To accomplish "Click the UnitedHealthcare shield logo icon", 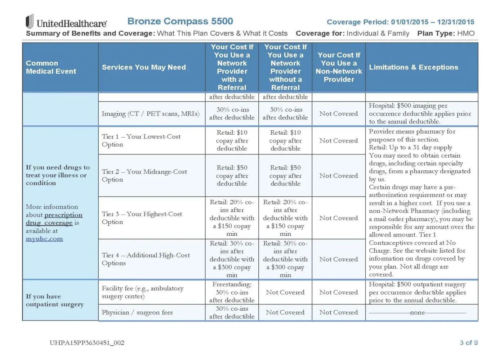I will click(30, 22).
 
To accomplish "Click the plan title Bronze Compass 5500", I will click(180, 21).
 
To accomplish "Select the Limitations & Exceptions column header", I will click(413, 67).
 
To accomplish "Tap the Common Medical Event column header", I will click(51, 67).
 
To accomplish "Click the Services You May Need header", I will click(144, 67).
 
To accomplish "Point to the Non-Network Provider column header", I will click(339, 67).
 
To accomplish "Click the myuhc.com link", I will click(44, 239).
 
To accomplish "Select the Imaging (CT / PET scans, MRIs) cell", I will click(151, 114).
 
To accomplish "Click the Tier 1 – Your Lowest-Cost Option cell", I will click(141, 140).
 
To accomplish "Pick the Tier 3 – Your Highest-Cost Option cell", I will click(142, 218).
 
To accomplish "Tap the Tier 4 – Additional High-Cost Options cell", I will click(146, 259).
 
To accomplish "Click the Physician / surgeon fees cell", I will click(137, 312).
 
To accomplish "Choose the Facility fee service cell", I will click(143, 292).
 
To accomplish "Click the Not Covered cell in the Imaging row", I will click(339, 114).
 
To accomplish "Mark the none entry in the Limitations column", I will click(417, 312).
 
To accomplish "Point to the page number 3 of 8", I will click(468, 343).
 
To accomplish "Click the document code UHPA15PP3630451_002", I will click(87, 343).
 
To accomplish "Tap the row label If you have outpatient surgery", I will click(55, 300).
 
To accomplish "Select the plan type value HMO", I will click(466, 33).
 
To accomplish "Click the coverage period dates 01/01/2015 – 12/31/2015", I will click(432, 22).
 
